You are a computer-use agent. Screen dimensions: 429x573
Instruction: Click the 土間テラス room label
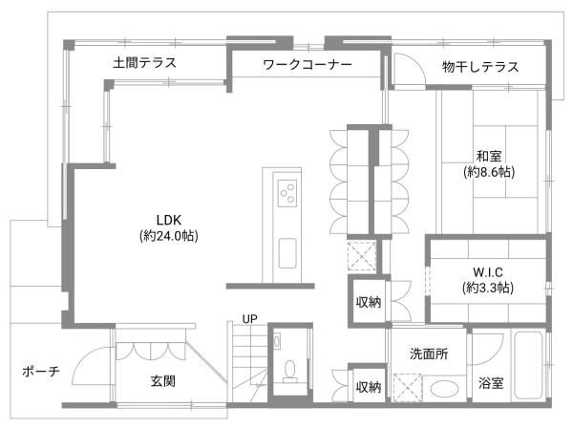144,65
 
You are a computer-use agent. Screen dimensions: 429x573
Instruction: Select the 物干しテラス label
480,67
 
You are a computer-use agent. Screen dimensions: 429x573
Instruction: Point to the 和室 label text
489,156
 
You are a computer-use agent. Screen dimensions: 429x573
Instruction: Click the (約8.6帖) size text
489,173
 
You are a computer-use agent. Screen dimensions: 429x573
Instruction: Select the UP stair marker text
249,318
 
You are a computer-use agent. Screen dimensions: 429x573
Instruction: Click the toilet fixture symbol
288,371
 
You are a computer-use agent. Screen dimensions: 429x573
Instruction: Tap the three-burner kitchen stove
287,194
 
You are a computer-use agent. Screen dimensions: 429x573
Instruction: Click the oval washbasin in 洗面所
441,390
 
